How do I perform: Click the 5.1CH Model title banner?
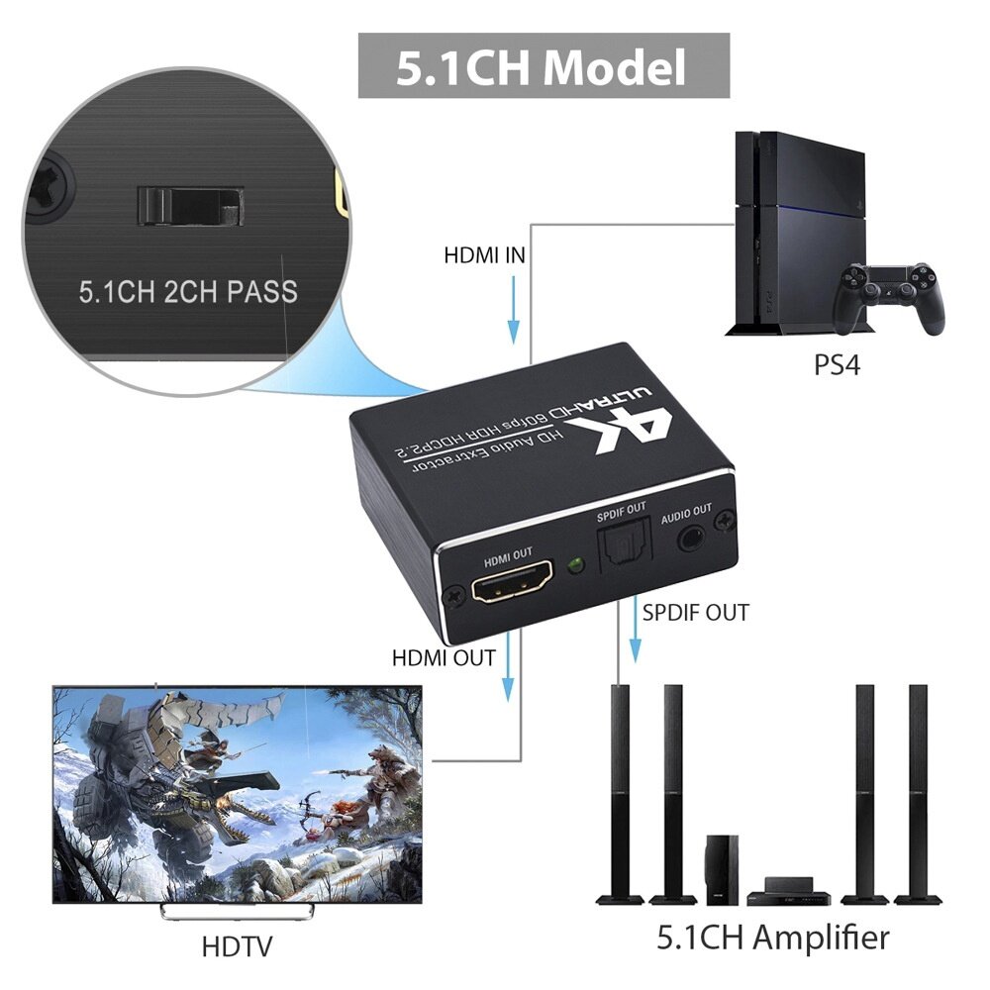[x=543, y=66]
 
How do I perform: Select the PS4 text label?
[x=837, y=365]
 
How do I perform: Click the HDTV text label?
[x=237, y=946]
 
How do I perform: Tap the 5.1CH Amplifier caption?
[x=773, y=936]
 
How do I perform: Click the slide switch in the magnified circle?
[x=188, y=205]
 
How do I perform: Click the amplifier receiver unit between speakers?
[x=788, y=896]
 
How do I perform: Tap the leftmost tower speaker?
[x=620, y=792]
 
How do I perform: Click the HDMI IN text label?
[x=484, y=256]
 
